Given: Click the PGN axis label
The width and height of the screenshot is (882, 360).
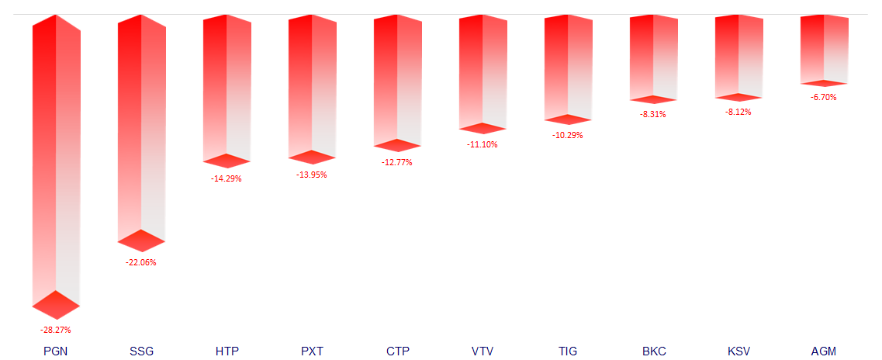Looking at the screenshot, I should pos(56,351).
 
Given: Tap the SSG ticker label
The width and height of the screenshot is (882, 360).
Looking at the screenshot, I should pos(141,351).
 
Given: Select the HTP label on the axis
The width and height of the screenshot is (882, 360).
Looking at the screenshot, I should pos(227,351).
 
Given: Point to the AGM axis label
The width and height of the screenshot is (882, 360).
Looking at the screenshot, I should pos(824,351).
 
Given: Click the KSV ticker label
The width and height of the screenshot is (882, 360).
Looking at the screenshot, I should pos(738,351).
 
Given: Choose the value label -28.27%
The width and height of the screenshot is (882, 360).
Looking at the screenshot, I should pos(56,330).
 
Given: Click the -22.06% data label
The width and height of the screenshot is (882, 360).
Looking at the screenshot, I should pos(141,262).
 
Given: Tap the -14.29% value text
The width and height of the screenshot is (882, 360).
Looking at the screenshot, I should pos(227,178).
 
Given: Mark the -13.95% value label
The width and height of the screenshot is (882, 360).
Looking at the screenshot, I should pos(312,175).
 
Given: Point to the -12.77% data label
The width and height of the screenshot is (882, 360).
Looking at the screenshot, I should pos(397,162).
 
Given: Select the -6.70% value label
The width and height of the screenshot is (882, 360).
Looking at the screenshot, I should pos(824,97).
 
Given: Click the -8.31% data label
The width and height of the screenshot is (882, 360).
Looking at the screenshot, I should pos(653,114).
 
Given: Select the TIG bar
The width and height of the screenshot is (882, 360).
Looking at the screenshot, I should pos(568,67).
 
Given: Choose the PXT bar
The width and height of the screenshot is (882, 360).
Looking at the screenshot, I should pos(312,85).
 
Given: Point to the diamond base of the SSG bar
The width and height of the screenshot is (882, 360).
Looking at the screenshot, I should pos(141,241).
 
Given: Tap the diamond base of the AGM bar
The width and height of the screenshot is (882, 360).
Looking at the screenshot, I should pos(824,83).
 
